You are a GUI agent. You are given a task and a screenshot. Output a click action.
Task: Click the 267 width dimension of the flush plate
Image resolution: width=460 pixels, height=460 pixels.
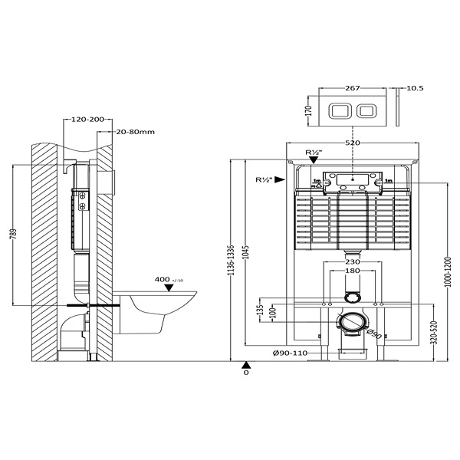[x=352, y=88]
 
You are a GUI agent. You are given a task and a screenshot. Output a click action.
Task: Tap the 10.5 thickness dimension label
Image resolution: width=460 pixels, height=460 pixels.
[x=415, y=88]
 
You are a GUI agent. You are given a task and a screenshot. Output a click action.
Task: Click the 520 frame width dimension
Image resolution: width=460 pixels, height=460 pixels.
[x=353, y=143]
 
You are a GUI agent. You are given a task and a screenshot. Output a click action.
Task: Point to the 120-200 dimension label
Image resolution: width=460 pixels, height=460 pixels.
[x=87, y=120]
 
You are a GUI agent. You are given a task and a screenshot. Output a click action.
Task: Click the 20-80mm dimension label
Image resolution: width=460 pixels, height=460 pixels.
[x=136, y=132]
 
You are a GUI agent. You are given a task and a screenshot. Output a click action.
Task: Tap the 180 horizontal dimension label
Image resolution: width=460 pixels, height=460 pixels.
[x=353, y=271]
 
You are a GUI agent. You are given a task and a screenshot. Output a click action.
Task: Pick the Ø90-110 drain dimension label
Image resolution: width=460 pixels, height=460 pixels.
[x=289, y=353]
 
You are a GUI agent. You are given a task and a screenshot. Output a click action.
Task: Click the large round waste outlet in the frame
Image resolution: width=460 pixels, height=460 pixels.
[x=353, y=323]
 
